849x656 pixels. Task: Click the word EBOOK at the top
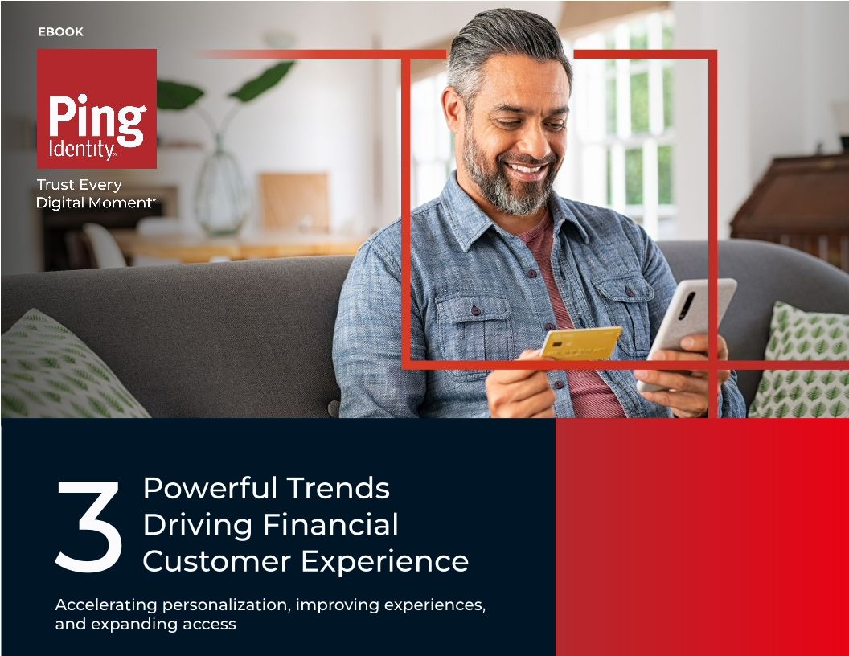[60, 32]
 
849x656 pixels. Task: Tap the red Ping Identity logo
[96, 109]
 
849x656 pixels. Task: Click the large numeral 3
[88, 527]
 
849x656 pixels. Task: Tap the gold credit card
[580, 342]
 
